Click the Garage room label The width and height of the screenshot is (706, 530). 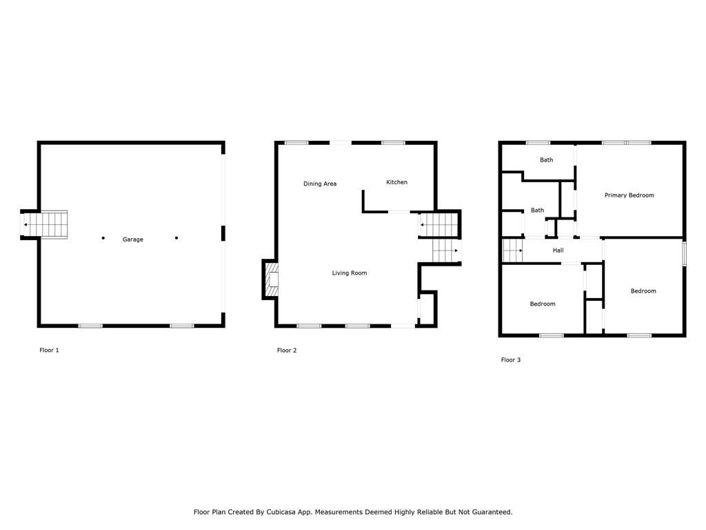coord(133,239)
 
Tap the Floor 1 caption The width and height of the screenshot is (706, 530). coord(49,351)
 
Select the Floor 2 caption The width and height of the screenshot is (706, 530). coord(287,351)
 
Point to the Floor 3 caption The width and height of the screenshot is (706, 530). coord(510,360)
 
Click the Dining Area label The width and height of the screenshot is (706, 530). coord(320,184)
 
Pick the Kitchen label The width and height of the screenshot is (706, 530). coord(396,182)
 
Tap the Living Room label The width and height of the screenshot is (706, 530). coord(350,273)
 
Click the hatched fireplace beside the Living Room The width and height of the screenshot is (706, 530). coord(273,279)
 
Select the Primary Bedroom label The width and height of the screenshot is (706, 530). coord(629,195)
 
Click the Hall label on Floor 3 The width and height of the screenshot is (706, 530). coord(558,251)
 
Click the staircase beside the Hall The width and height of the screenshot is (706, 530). coord(511,251)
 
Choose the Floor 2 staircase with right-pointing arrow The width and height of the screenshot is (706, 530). coord(446,251)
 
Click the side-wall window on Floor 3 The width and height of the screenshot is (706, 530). coord(684,253)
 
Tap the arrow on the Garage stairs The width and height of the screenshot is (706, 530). coord(26,225)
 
